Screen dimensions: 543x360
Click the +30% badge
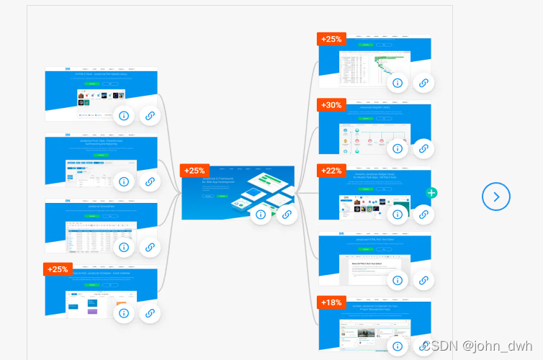point(332,105)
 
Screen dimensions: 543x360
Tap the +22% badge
point(332,170)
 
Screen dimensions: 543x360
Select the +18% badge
point(332,302)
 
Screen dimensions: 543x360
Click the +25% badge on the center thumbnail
point(194,171)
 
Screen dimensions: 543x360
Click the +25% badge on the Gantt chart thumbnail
point(332,39)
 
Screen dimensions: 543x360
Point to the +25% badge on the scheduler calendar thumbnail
point(58,269)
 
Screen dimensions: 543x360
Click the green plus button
point(431,193)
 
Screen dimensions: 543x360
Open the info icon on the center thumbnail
point(261,214)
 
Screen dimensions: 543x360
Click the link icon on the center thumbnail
point(287,214)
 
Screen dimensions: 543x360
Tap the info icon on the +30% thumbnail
point(397,149)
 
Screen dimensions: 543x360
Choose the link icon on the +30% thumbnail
point(423,149)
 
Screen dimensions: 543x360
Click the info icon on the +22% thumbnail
point(397,214)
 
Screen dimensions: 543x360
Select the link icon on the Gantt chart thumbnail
point(423,83)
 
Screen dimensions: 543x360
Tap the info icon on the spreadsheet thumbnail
point(124,247)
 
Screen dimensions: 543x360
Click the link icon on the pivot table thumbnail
point(150,181)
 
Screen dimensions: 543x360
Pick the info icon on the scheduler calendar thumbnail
point(124,313)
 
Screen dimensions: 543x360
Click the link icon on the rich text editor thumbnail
point(423,280)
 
